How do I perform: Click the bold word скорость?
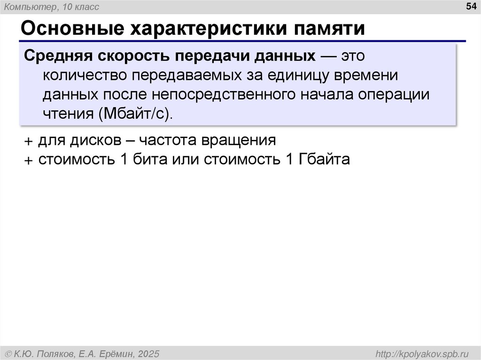pyautogui.click(x=133, y=56)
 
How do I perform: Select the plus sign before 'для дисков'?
pyautogui.click(x=30, y=141)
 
